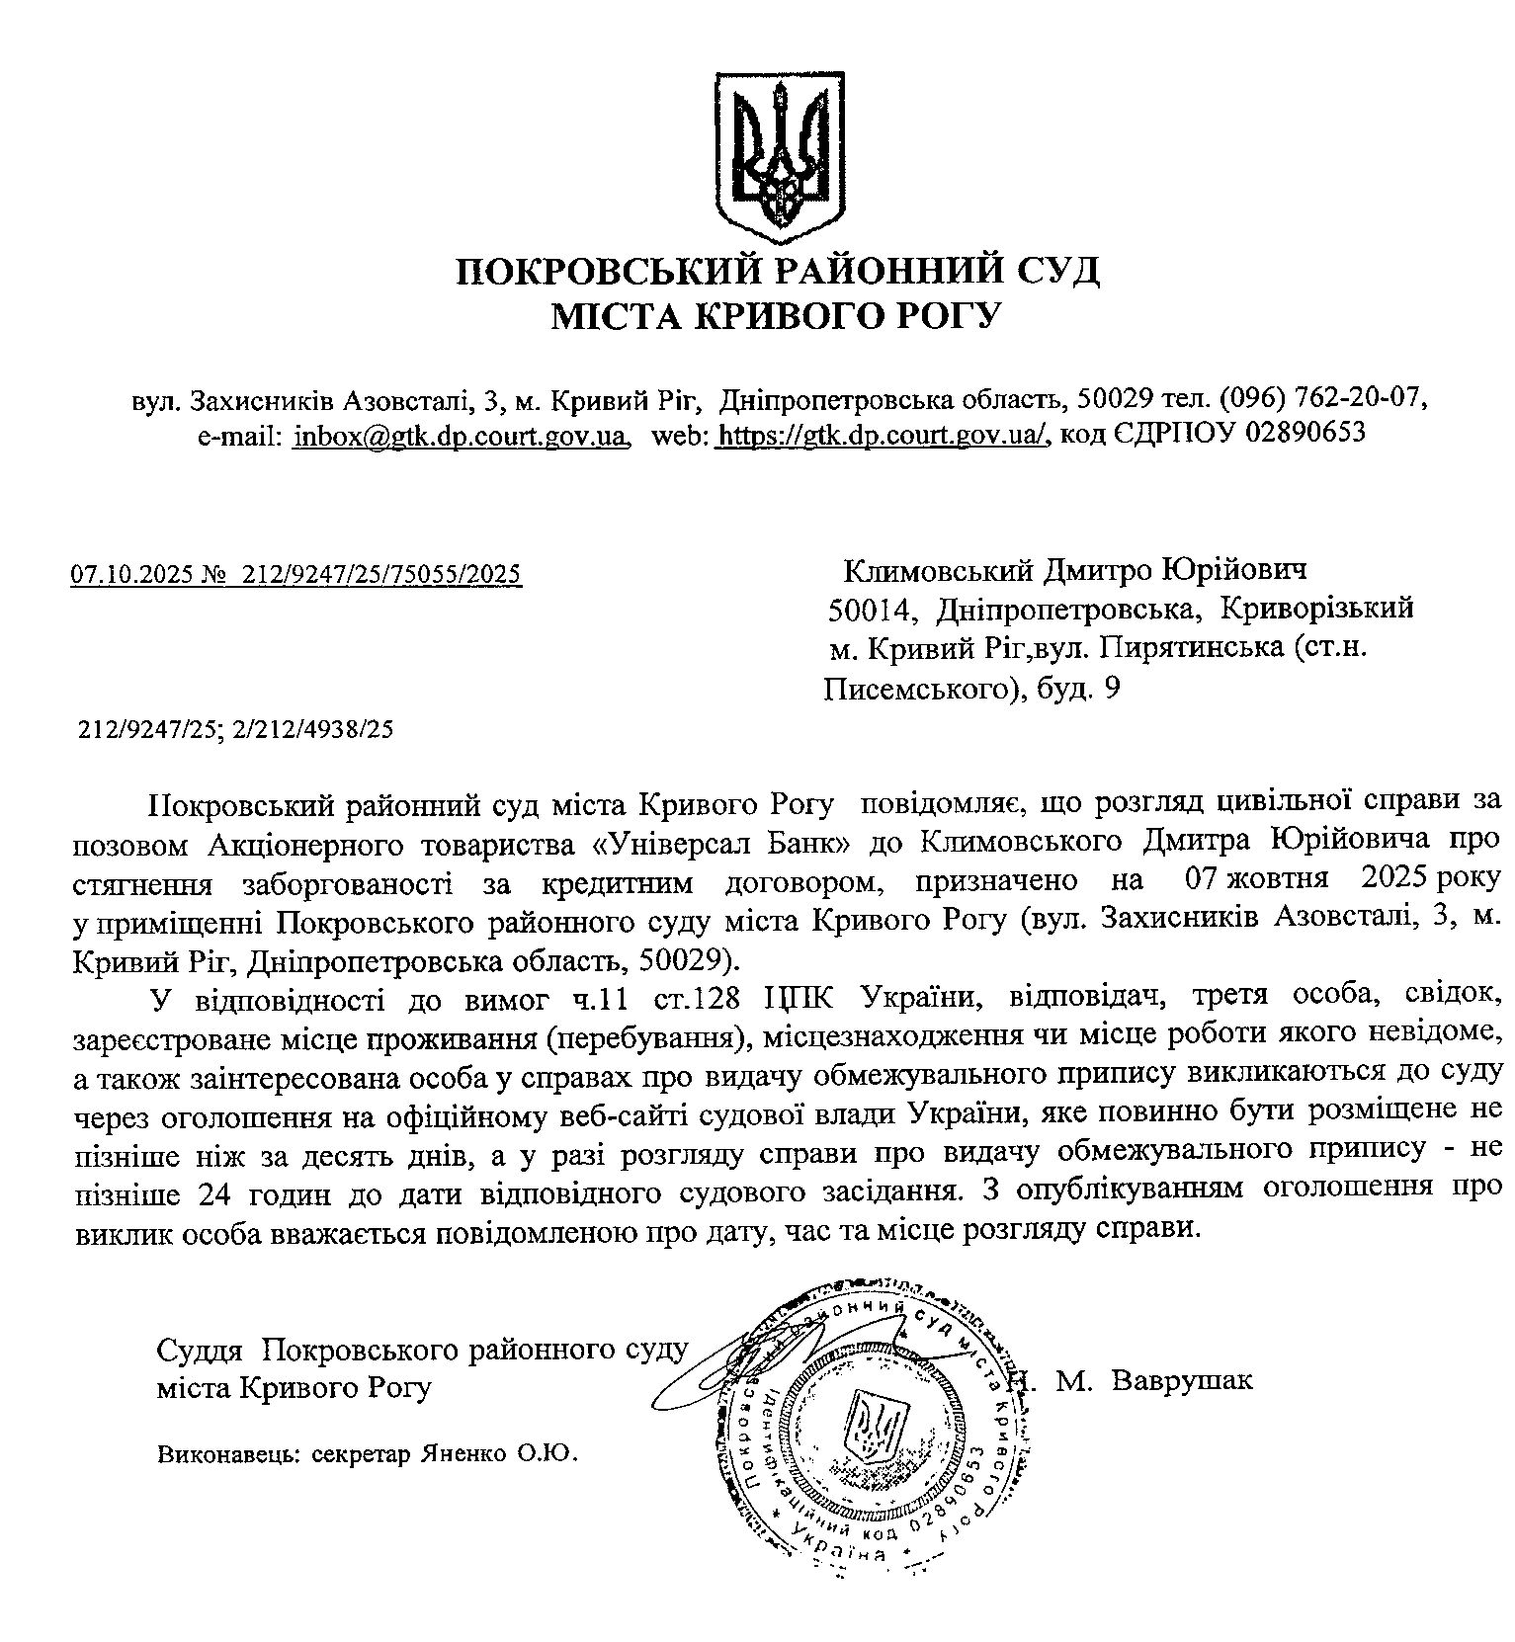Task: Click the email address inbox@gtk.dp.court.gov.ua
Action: (461, 434)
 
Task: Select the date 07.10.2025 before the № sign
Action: (131, 575)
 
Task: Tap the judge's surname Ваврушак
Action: (1181, 1379)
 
